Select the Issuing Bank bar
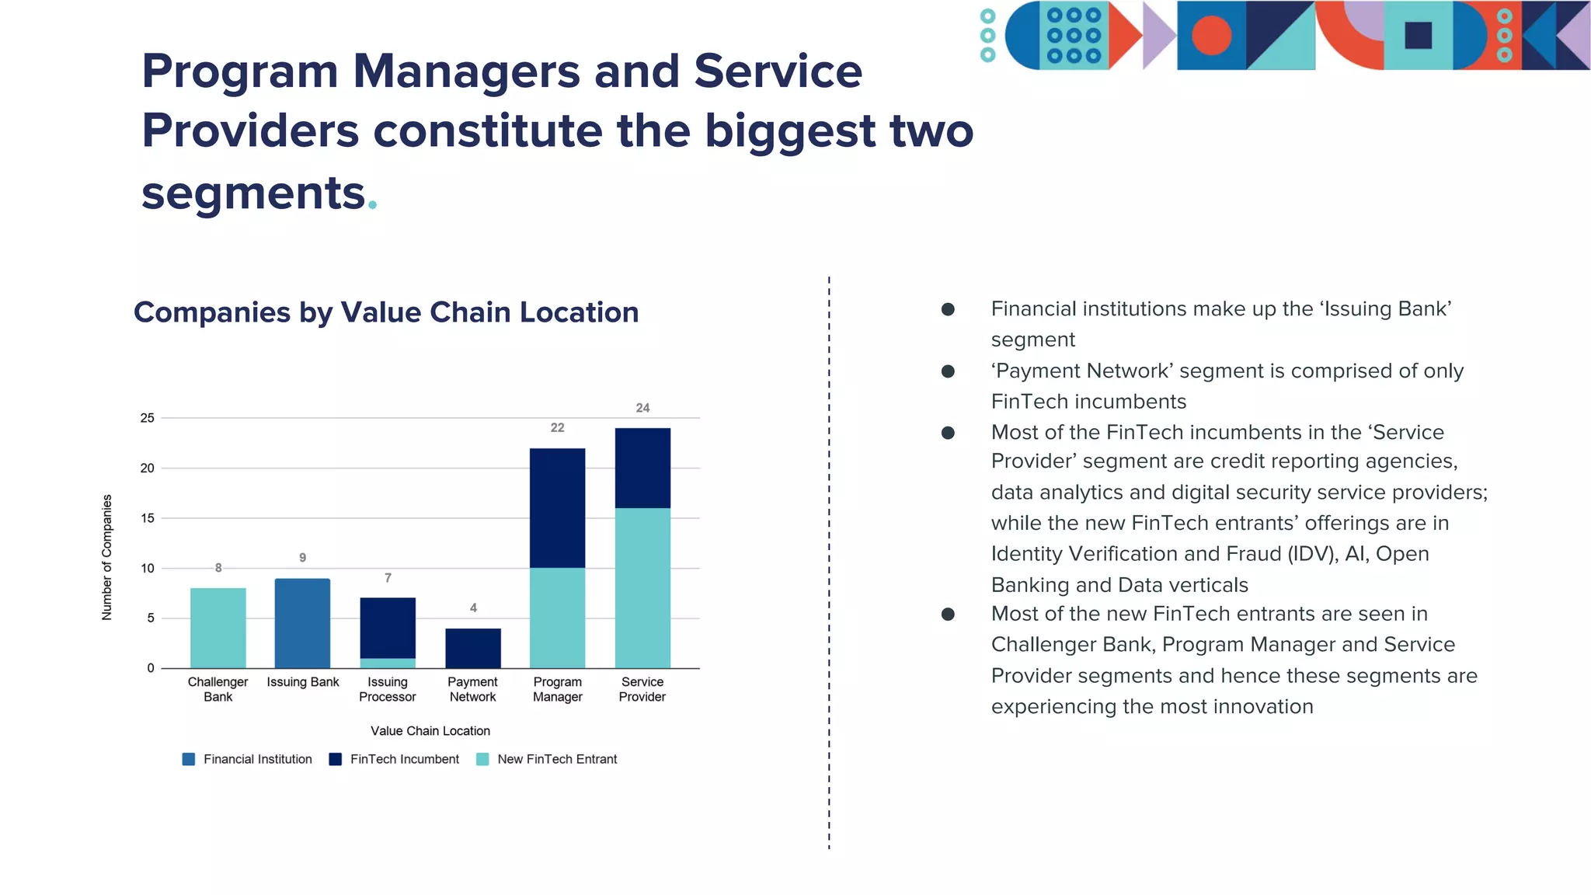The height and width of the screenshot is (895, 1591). click(x=302, y=623)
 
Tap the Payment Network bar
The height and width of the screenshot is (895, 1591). click(x=472, y=648)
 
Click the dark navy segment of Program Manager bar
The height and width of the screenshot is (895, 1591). click(x=557, y=508)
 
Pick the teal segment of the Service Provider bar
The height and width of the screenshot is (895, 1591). click(x=642, y=588)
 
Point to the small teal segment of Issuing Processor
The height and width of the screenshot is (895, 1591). click(x=388, y=663)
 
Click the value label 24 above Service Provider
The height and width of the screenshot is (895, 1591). click(x=642, y=408)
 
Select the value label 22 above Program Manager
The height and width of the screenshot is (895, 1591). click(x=557, y=428)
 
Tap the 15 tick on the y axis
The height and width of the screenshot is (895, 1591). click(x=148, y=518)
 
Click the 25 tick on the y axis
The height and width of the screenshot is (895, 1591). click(x=148, y=418)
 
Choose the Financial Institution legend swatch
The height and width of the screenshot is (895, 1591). click(x=189, y=759)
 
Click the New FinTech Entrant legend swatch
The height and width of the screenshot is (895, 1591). click(x=482, y=759)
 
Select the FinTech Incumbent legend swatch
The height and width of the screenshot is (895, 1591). click(x=336, y=759)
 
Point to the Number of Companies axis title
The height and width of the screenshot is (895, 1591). click(x=107, y=557)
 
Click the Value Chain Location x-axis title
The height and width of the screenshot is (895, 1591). click(x=430, y=731)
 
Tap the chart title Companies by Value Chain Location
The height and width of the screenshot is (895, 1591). click(x=386, y=312)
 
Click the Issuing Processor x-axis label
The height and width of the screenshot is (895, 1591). click(x=388, y=689)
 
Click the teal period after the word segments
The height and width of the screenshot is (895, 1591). click(x=373, y=205)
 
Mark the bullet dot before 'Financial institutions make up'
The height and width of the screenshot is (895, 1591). click(x=948, y=309)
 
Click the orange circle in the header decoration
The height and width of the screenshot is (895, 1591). click(x=1211, y=36)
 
